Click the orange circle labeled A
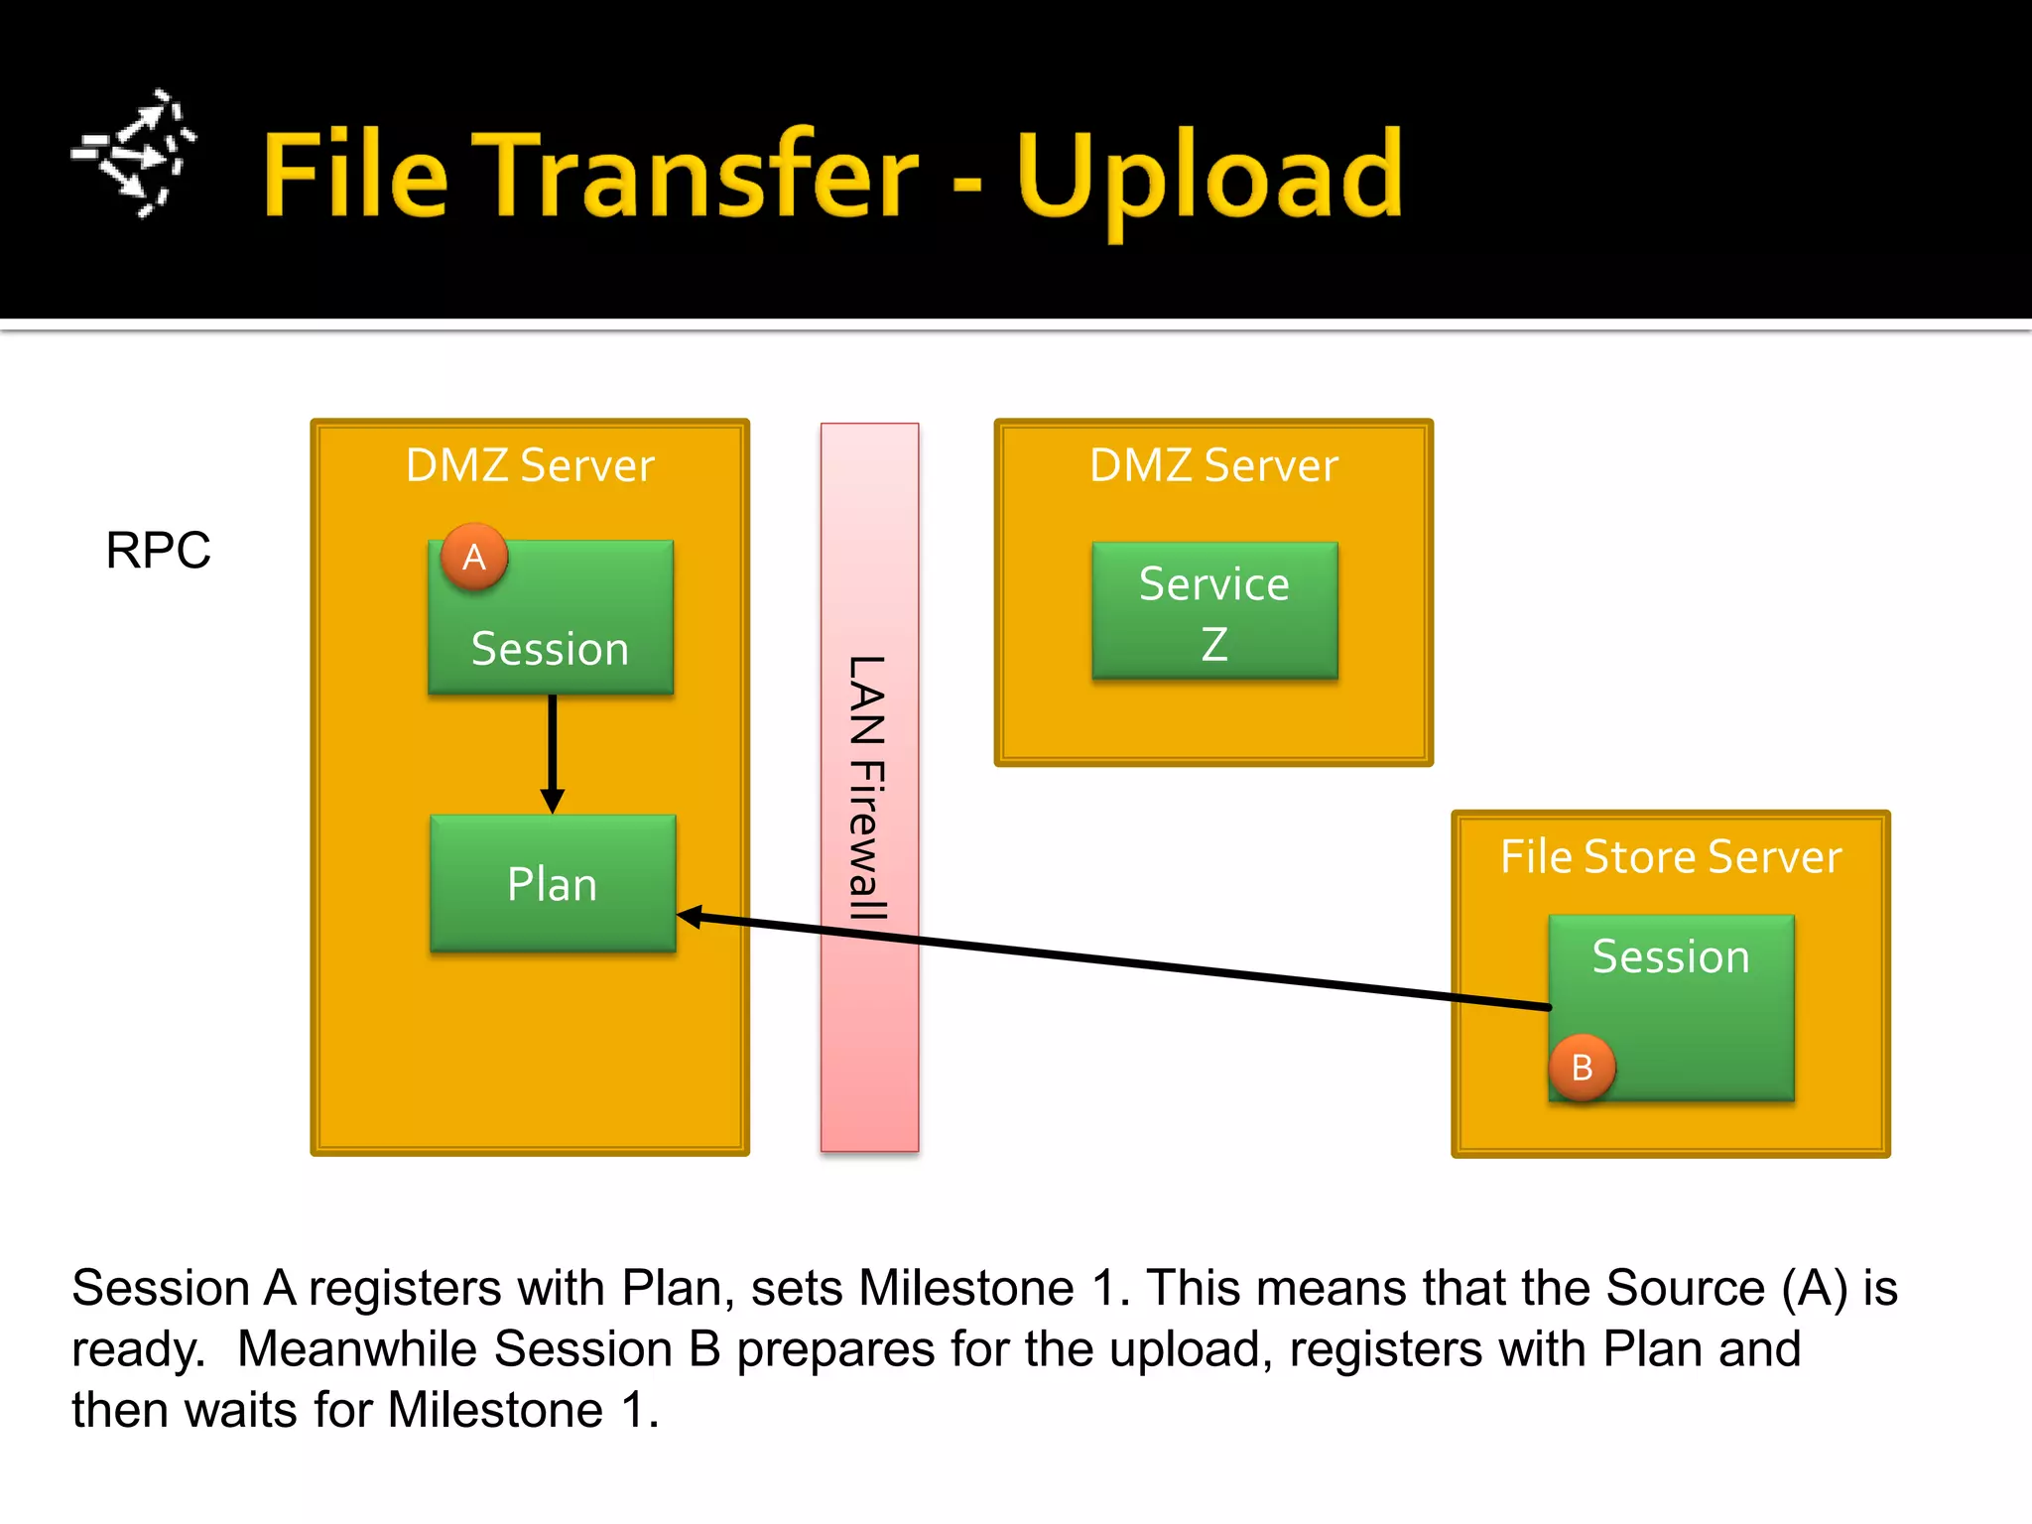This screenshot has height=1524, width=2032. click(474, 557)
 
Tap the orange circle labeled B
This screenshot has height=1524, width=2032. click(1583, 1068)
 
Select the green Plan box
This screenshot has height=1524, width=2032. click(553, 883)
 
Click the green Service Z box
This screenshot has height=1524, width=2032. click(1214, 611)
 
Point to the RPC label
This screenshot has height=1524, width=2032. click(159, 551)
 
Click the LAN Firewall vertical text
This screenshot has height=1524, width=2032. click(868, 788)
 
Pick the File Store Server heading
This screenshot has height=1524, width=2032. click(1671, 856)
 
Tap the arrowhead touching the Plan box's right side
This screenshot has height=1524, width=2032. click(691, 918)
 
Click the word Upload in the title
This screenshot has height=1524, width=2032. click(1209, 179)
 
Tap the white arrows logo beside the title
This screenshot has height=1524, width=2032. click(135, 154)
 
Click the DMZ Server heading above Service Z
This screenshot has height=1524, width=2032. click(1214, 465)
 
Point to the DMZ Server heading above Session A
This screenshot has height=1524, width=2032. click(530, 465)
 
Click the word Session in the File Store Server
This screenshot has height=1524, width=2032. click(1671, 956)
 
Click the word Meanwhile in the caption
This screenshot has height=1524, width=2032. click(357, 1349)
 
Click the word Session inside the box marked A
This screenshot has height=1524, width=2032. click(551, 649)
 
